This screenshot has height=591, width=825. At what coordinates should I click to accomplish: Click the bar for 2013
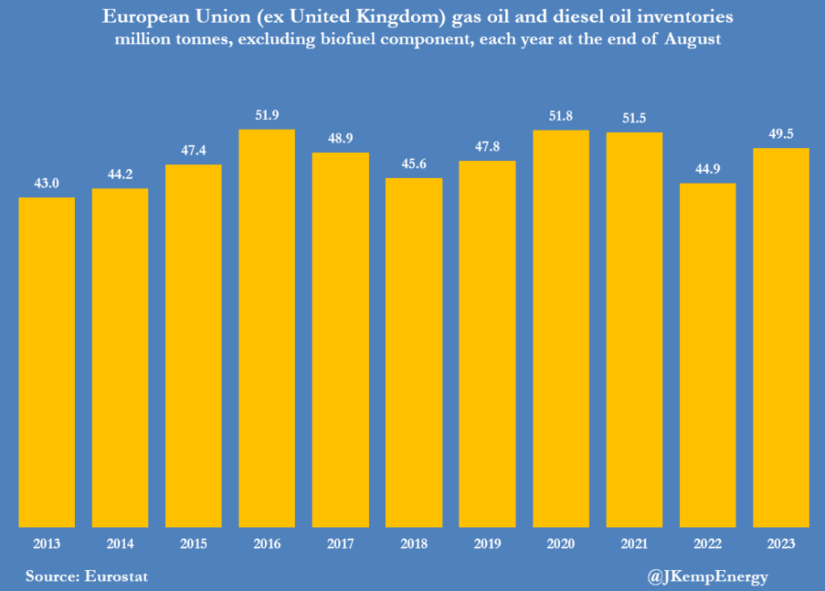47,362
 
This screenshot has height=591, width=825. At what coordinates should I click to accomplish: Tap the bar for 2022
707,355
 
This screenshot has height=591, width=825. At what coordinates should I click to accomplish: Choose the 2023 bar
781,337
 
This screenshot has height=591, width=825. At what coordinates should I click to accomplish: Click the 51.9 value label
267,116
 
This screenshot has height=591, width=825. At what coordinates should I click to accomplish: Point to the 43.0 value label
47,184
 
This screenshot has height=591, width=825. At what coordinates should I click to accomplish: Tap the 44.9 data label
707,170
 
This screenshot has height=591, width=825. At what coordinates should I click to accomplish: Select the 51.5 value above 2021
634,118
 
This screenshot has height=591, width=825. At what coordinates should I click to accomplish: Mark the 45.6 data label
414,164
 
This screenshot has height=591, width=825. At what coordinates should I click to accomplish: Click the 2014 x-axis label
120,544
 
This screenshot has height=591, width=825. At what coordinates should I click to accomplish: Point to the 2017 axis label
340,544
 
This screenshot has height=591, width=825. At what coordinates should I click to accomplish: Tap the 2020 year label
561,544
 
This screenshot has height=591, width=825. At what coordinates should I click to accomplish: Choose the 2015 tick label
193,544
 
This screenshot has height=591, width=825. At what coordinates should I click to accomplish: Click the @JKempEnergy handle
707,577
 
